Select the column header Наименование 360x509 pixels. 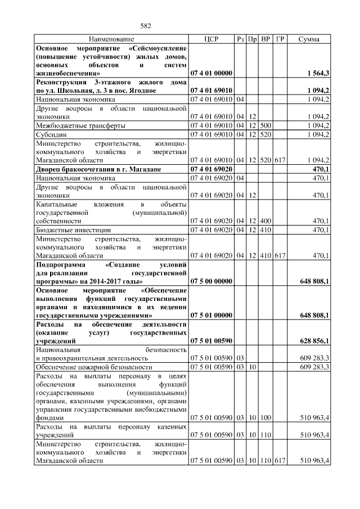coord(111,39)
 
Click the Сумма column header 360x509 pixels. coord(309,39)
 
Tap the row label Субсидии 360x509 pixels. coord(51,134)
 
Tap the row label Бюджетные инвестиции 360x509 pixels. coord(74,230)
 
